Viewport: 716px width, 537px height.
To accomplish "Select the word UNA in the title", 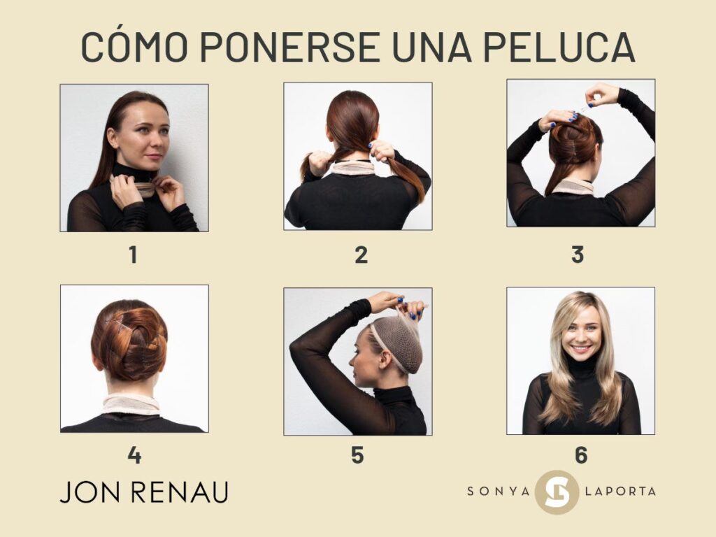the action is [431, 47].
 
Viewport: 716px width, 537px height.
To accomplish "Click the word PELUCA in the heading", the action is [559, 47].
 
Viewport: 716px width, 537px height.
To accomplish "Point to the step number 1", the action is [133, 255].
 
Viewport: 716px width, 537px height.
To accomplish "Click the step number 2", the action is [361, 255].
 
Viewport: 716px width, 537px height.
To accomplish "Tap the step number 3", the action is [578, 255].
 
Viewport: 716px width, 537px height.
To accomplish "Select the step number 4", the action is [134, 454].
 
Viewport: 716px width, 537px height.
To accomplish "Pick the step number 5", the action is [357, 454].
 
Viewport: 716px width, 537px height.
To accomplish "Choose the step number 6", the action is [581, 454].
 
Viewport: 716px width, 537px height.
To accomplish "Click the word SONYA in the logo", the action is [498, 492].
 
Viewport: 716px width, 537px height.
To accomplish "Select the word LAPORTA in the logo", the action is [620, 492].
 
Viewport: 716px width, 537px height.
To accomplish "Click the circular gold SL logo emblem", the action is [557, 492].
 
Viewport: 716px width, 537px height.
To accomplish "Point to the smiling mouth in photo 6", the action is [580, 350].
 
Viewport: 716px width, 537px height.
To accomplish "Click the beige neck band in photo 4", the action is [131, 404].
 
